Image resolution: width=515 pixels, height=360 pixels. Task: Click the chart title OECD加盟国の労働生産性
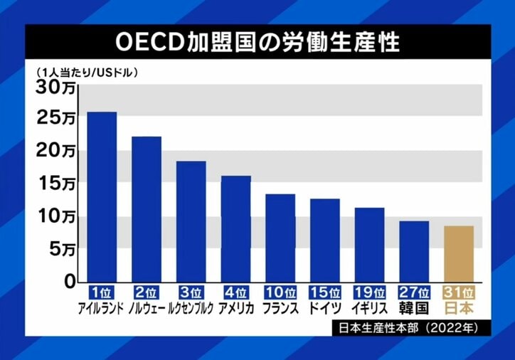click(x=257, y=41)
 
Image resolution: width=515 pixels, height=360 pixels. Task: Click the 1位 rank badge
click(x=102, y=292)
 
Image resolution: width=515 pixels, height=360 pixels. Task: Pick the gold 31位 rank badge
click(x=458, y=292)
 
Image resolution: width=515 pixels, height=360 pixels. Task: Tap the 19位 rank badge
click(x=369, y=292)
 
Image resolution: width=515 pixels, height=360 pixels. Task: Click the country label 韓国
click(x=414, y=309)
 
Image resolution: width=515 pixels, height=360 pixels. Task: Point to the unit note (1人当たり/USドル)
click(x=84, y=72)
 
